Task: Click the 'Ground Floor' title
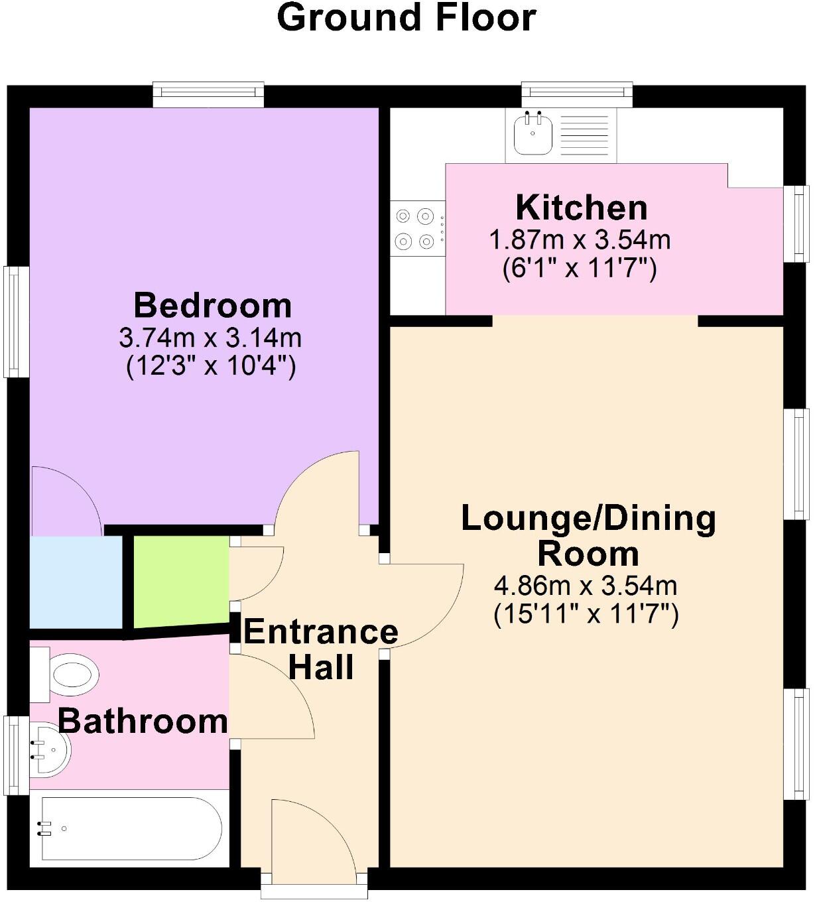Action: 406,18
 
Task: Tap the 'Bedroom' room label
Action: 212,306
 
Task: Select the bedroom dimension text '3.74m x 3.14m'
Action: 210,338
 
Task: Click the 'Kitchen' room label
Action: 582,208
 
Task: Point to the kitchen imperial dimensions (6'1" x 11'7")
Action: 580,269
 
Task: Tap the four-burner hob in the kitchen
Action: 416,228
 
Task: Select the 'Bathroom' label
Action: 143,721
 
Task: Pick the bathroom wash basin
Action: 50,749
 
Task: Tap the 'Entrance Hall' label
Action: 321,649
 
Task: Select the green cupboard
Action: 181,581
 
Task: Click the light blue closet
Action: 76,582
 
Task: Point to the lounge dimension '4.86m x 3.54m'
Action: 586,586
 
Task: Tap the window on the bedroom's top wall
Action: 208,94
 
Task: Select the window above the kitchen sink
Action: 576,94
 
